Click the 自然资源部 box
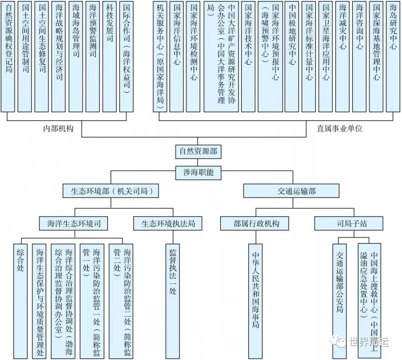198,152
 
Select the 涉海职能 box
198,172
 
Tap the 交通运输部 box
291,191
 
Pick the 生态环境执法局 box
168,224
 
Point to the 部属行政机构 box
256,224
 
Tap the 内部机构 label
58,129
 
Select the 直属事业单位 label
339,129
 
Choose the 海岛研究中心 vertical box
393,56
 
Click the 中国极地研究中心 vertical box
292,56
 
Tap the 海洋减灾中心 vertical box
342,56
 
